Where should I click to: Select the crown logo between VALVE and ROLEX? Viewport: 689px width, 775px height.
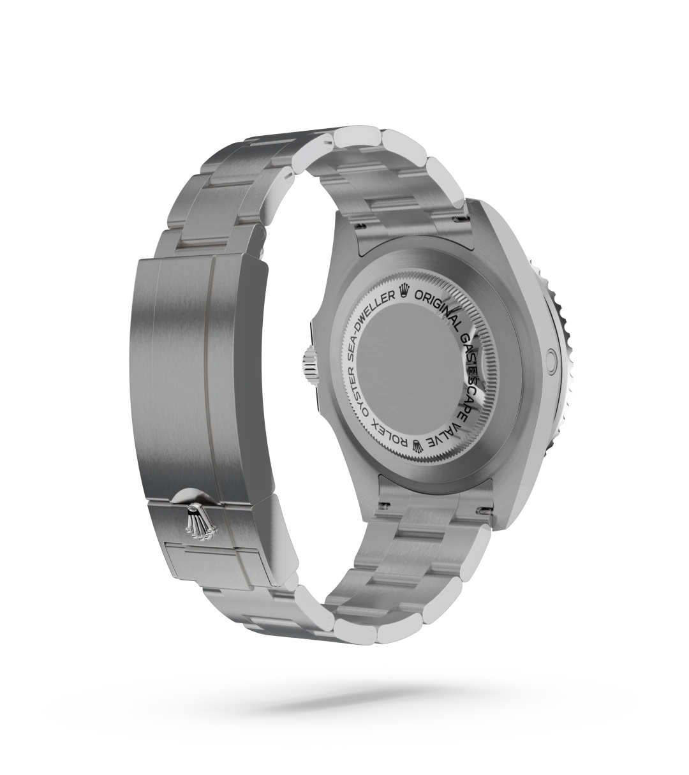(x=419, y=445)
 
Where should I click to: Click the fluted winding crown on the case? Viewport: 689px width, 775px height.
(x=309, y=367)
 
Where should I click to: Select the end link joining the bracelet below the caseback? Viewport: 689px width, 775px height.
(x=434, y=504)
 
